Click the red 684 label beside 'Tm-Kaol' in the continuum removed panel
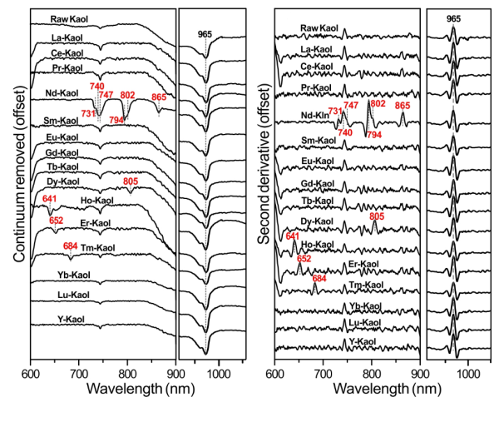click(x=71, y=246)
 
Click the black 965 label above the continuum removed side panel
click(x=205, y=34)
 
